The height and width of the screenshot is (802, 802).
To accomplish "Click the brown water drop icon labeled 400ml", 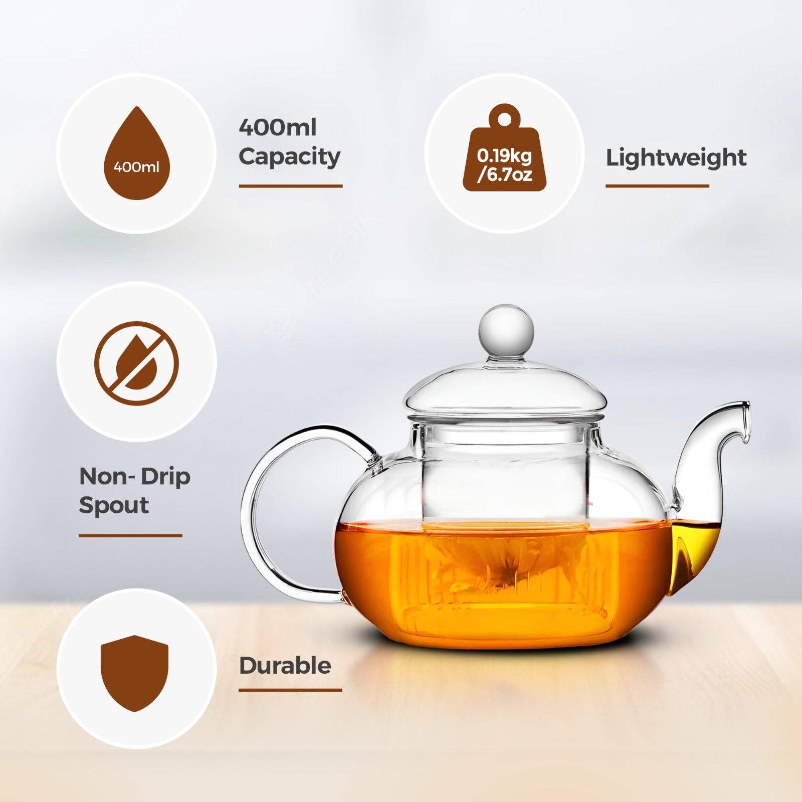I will click(136, 155).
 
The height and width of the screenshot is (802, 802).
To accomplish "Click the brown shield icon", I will click(134, 672).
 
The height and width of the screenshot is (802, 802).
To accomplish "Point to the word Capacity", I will click(289, 157).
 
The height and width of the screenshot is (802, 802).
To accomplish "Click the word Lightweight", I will click(676, 157).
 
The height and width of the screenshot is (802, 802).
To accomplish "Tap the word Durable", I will click(285, 666).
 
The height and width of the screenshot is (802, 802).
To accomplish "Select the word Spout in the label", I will click(114, 505).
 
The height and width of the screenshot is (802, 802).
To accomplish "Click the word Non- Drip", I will click(134, 476).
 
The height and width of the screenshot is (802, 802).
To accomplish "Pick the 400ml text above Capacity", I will click(277, 127).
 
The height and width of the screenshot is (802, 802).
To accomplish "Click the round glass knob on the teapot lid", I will click(506, 328).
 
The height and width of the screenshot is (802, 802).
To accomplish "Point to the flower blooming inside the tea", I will click(501, 566).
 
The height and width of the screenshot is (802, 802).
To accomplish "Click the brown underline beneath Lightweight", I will click(657, 186).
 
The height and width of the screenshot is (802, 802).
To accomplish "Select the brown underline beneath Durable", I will click(290, 690).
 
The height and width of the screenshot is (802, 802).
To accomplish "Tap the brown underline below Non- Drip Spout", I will click(130, 536).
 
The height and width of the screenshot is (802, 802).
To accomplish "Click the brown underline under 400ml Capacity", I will click(290, 186).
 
